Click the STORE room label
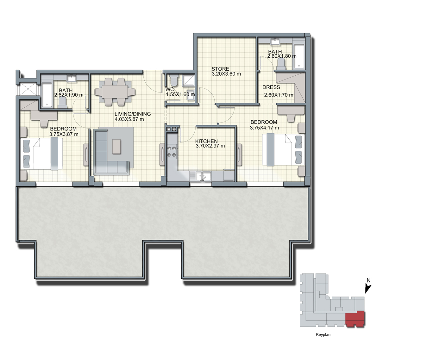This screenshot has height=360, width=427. pyautogui.click(x=220, y=69)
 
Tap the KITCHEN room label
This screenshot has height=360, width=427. pyautogui.click(x=206, y=141)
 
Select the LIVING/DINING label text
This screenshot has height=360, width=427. pyautogui.click(x=133, y=114)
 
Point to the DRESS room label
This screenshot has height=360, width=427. pyautogui.click(x=271, y=87)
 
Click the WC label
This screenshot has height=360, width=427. pyautogui.click(x=170, y=89)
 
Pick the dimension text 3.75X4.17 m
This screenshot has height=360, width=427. pyautogui.click(x=264, y=128)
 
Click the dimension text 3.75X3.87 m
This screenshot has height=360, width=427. pyautogui.click(x=64, y=134)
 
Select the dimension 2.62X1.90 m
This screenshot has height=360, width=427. pyautogui.click(x=69, y=95)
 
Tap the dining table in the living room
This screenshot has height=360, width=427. pyautogui.click(x=115, y=92)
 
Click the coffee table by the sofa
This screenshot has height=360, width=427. pyautogui.click(x=116, y=146)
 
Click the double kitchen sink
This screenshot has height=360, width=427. pyautogui.click(x=203, y=176)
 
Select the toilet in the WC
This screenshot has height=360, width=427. pyautogui.click(x=174, y=80)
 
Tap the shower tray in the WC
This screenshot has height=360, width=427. pyautogui.click(x=189, y=80)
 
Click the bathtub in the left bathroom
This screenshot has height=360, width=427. pyautogui.click(x=47, y=95)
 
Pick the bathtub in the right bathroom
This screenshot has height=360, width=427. pyautogui.click(x=299, y=56)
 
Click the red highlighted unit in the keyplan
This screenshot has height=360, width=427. pyautogui.click(x=355, y=319)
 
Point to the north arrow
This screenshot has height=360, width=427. pyautogui.click(x=368, y=289)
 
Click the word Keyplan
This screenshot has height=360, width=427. pyautogui.click(x=323, y=335)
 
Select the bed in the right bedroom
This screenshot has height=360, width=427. pyautogui.click(x=283, y=149)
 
